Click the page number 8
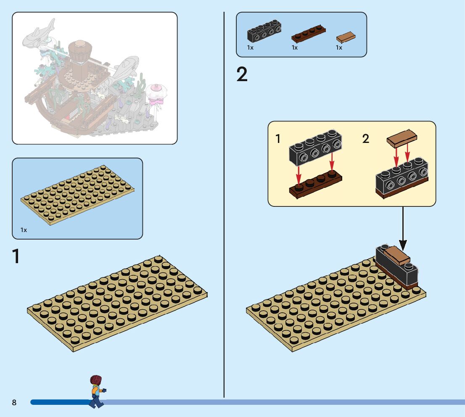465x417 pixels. [x=14, y=403]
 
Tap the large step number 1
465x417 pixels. [x=16, y=257]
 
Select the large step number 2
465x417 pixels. [x=242, y=75]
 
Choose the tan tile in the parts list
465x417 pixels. [x=346, y=37]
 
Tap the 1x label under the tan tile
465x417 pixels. [x=339, y=48]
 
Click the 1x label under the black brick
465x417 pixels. [x=251, y=48]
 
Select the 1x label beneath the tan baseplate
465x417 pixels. [x=24, y=230]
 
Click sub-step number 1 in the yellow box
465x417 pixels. [x=278, y=139]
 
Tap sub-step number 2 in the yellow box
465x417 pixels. [x=366, y=139]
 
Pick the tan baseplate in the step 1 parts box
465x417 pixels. [x=78, y=195]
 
